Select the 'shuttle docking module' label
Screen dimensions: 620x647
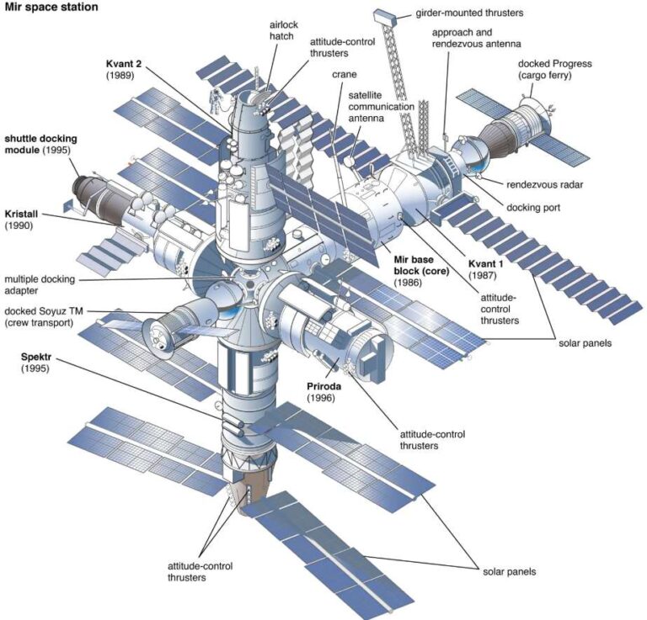click(x=38, y=143)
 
